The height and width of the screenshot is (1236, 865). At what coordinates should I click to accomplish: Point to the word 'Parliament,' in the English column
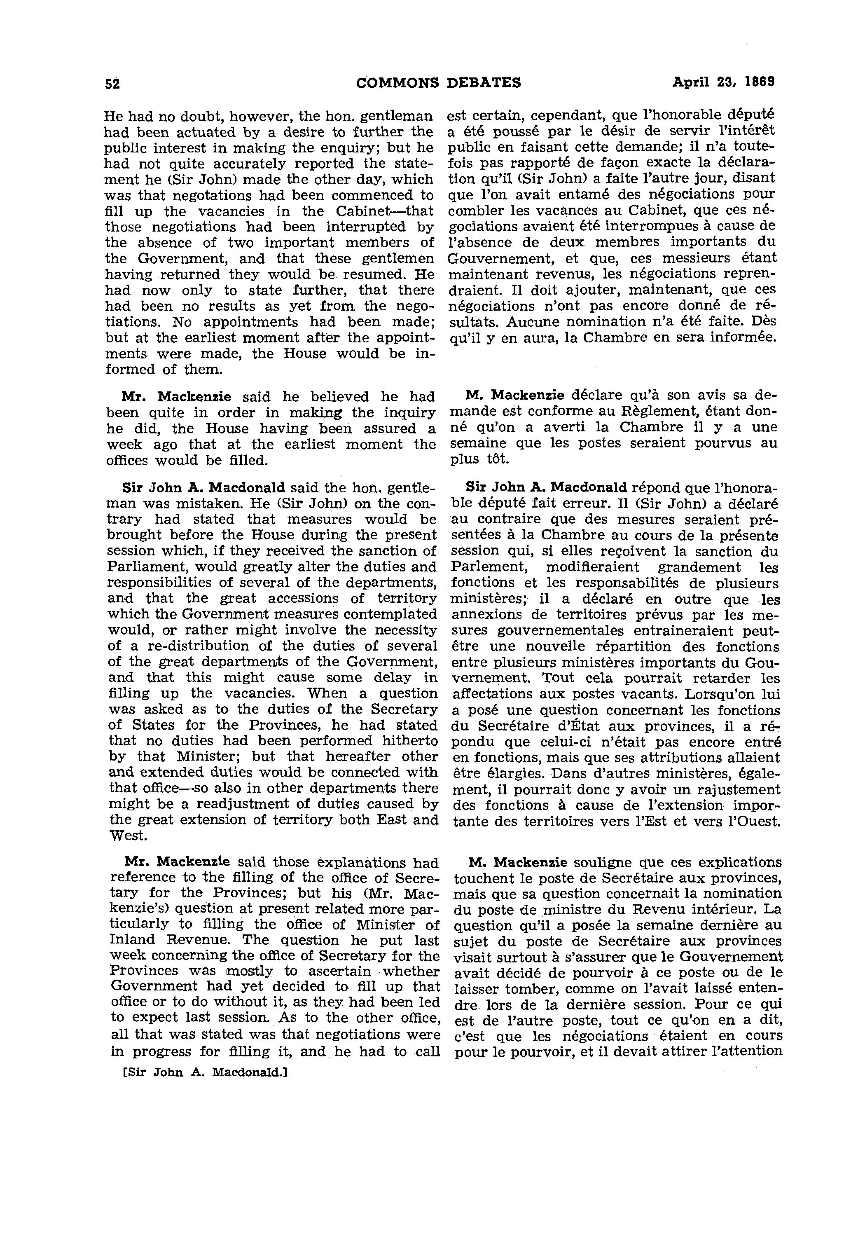[x=147, y=567]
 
